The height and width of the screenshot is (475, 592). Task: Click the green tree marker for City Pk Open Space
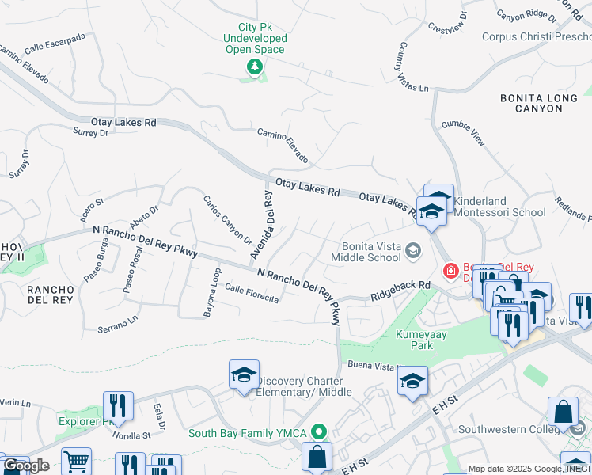click(254, 66)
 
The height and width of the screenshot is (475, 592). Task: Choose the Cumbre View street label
click(462, 132)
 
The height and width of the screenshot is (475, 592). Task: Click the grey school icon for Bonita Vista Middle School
click(412, 251)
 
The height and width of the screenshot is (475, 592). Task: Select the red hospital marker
click(450, 272)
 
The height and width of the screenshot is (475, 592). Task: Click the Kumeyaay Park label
click(420, 340)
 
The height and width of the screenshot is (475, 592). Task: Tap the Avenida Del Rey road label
click(262, 225)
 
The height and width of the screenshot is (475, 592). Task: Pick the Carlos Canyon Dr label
click(227, 220)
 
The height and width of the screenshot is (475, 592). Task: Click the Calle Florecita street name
click(252, 293)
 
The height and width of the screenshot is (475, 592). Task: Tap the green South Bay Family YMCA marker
click(319, 432)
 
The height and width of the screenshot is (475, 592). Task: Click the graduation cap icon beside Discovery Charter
click(245, 375)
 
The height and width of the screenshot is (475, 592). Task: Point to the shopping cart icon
click(76, 462)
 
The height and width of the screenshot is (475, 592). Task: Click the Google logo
click(26, 465)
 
